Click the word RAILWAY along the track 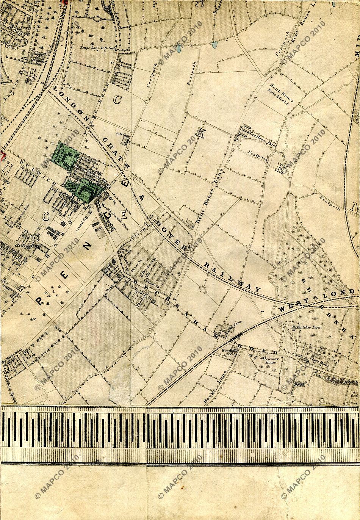tap(233, 276)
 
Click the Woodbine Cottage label tap(230, 351)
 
